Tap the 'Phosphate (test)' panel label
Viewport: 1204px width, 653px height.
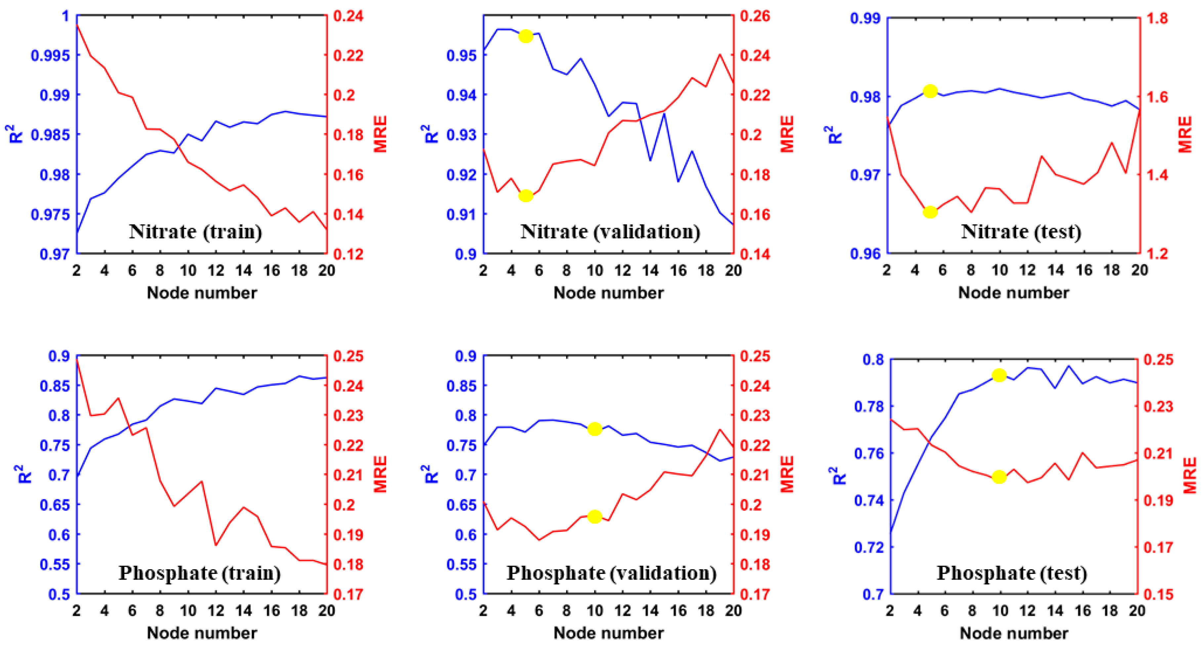(x=1012, y=573)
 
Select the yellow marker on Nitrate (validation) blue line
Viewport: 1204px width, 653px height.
(x=526, y=36)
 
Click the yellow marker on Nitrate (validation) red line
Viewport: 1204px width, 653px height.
(x=526, y=196)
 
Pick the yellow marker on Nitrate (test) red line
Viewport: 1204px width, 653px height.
(x=930, y=212)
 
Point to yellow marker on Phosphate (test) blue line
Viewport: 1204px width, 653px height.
(x=999, y=375)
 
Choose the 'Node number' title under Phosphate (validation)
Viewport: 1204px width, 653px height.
(x=608, y=633)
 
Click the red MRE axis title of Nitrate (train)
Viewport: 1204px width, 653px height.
(x=381, y=134)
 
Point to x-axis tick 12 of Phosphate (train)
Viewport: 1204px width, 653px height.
(x=216, y=610)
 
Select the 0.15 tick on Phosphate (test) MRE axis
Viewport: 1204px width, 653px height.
(x=1158, y=594)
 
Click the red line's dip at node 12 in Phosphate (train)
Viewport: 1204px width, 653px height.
(x=216, y=545)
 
